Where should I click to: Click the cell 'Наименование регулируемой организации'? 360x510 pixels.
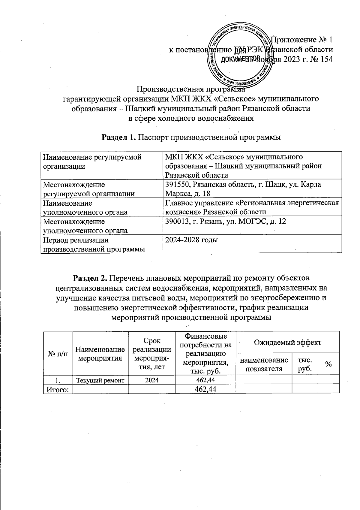click(x=92, y=161)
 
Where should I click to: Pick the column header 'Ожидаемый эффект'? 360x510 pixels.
click(x=287, y=342)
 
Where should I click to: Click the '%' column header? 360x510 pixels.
click(x=328, y=364)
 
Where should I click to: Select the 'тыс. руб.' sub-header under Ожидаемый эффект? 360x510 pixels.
click(x=304, y=364)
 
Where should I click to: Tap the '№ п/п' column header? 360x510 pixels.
click(x=58, y=353)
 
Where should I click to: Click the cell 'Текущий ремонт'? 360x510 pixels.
click(x=100, y=380)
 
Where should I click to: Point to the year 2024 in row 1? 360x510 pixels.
click(x=152, y=380)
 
